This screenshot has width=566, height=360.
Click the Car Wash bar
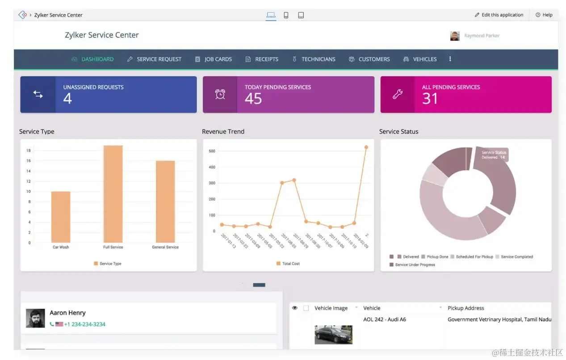[x=61, y=217]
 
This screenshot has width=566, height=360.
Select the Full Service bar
[x=113, y=194]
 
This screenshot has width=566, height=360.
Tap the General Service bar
[x=165, y=201]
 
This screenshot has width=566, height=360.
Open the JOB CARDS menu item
[x=214, y=59]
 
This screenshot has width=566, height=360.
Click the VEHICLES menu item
[x=420, y=59]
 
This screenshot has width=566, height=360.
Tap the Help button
[x=544, y=15]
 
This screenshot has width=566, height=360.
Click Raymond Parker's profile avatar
[x=455, y=36]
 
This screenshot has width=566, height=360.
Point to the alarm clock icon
[x=220, y=94]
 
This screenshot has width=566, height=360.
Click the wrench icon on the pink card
[x=398, y=94]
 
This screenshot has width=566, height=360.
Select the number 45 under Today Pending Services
[x=253, y=99]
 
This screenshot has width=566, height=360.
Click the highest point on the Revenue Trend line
[x=366, y=147]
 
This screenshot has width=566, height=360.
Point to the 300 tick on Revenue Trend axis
[x=212, y=183]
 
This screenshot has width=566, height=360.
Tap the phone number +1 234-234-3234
[x=84, y=324]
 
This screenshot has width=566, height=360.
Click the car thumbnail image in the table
[x=333, y=334]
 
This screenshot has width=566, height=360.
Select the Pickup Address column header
[x=465, y=308]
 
